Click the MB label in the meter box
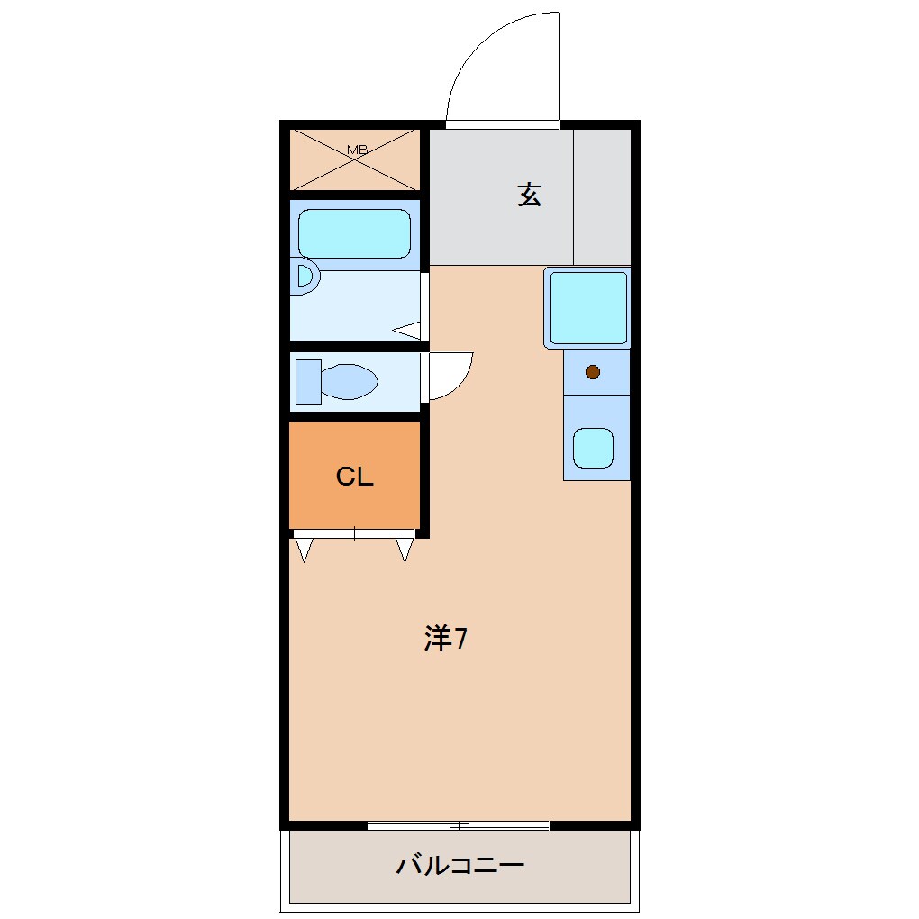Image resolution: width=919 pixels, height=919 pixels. [357, 150]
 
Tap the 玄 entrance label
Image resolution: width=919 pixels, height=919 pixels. [529, 195]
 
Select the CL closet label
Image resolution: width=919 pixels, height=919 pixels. [355, 477]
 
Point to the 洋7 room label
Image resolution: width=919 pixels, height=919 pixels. [445, 638]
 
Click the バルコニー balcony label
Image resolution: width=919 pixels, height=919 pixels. [460, 865]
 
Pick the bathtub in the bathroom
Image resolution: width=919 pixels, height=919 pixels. [354, 234]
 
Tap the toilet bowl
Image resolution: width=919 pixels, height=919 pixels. [350, 381]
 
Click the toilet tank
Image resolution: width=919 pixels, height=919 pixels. [308, 381]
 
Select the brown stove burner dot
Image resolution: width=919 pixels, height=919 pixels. [593, 371]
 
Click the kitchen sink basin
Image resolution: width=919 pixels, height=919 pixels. [593, 449]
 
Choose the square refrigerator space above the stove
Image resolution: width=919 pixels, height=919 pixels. [587, 308]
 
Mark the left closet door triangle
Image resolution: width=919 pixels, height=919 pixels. [304, 550]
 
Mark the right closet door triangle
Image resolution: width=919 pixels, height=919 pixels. [405, 550]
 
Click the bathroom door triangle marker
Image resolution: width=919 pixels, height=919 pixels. [406, 331]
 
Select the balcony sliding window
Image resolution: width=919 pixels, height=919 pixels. [459, 826]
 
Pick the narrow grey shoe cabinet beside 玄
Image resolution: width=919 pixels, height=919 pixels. [602, 197]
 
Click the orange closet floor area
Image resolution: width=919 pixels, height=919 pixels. [355, 475]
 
